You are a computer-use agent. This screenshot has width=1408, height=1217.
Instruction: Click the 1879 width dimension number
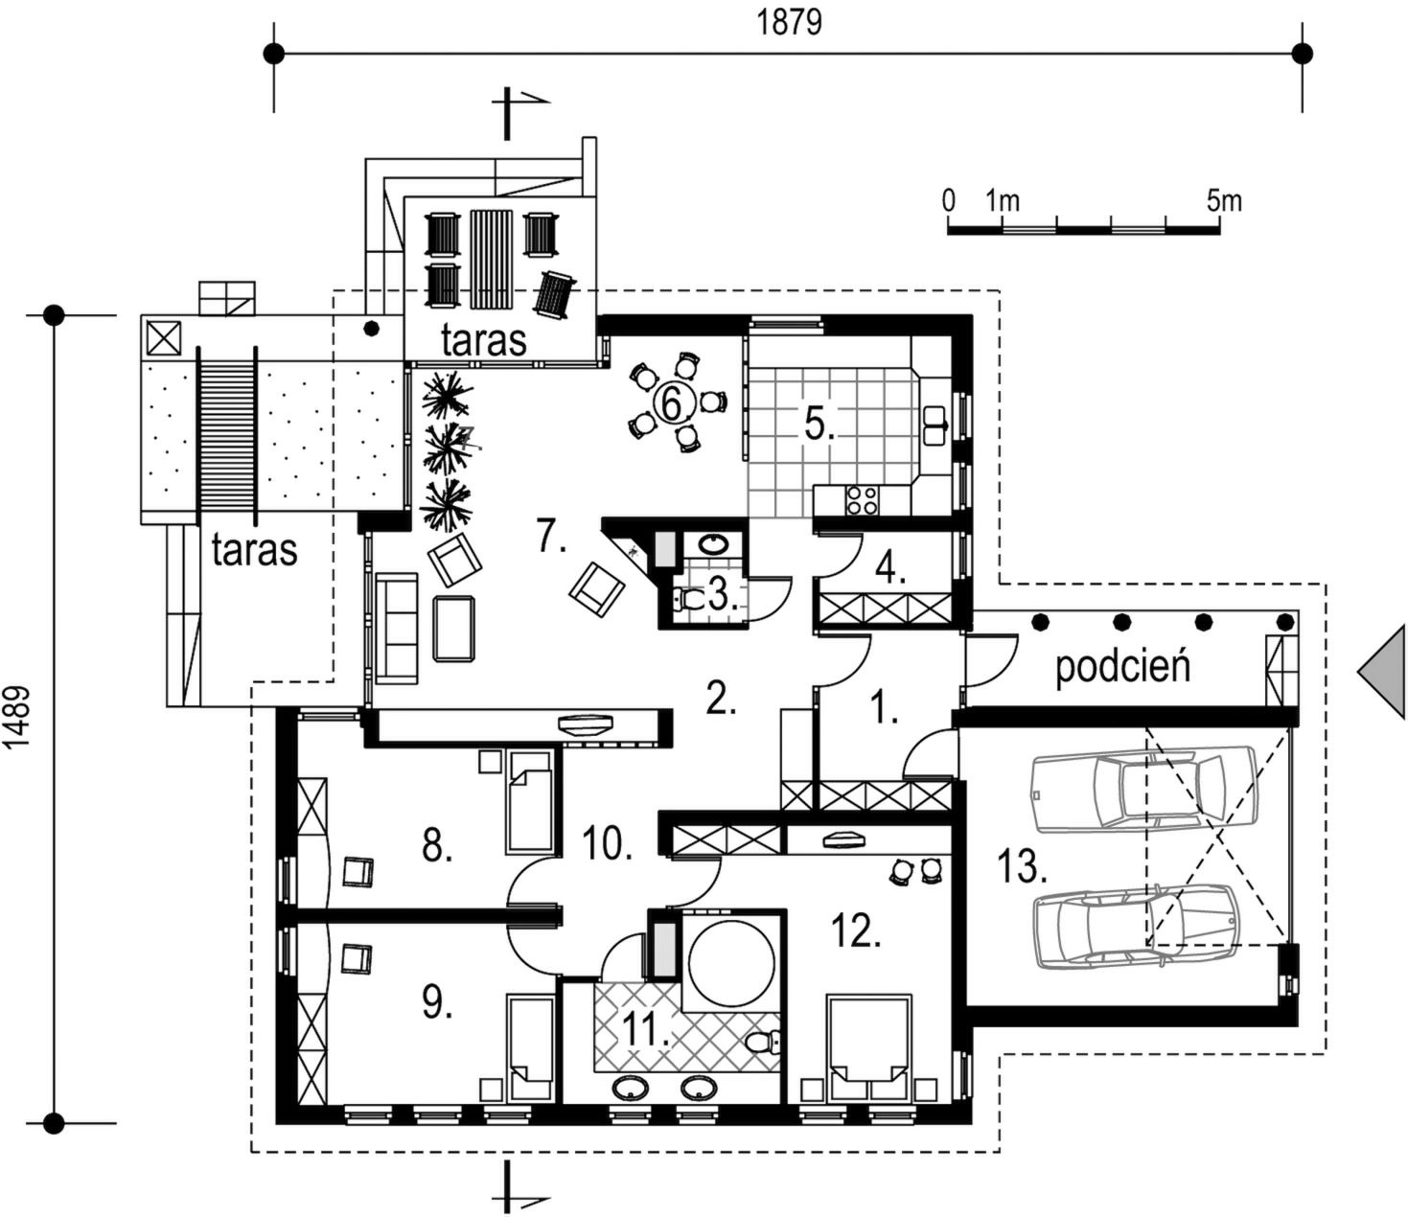(x=790, y=22)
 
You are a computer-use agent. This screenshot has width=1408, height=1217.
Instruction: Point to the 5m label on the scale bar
(x=1225, y=201)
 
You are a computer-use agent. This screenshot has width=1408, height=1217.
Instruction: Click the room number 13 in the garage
(x=1022, y=867)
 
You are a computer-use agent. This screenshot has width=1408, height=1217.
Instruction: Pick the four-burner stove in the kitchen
(x=862, y=500)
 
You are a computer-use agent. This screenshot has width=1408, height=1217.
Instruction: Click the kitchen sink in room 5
(x=935, y=426)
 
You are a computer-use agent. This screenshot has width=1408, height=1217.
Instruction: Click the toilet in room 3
(x=689, y=599)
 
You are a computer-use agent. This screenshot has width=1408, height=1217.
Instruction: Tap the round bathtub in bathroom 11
(x=731, y=961)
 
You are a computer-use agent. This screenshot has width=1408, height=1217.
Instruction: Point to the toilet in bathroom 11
(x=762, y=1043)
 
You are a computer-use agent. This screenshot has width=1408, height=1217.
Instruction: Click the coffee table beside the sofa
(x=454, y=628)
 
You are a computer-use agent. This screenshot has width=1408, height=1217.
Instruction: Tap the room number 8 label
(x=437, y=847)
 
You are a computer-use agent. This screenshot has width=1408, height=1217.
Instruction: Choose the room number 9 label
(x=437, y=1001)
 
